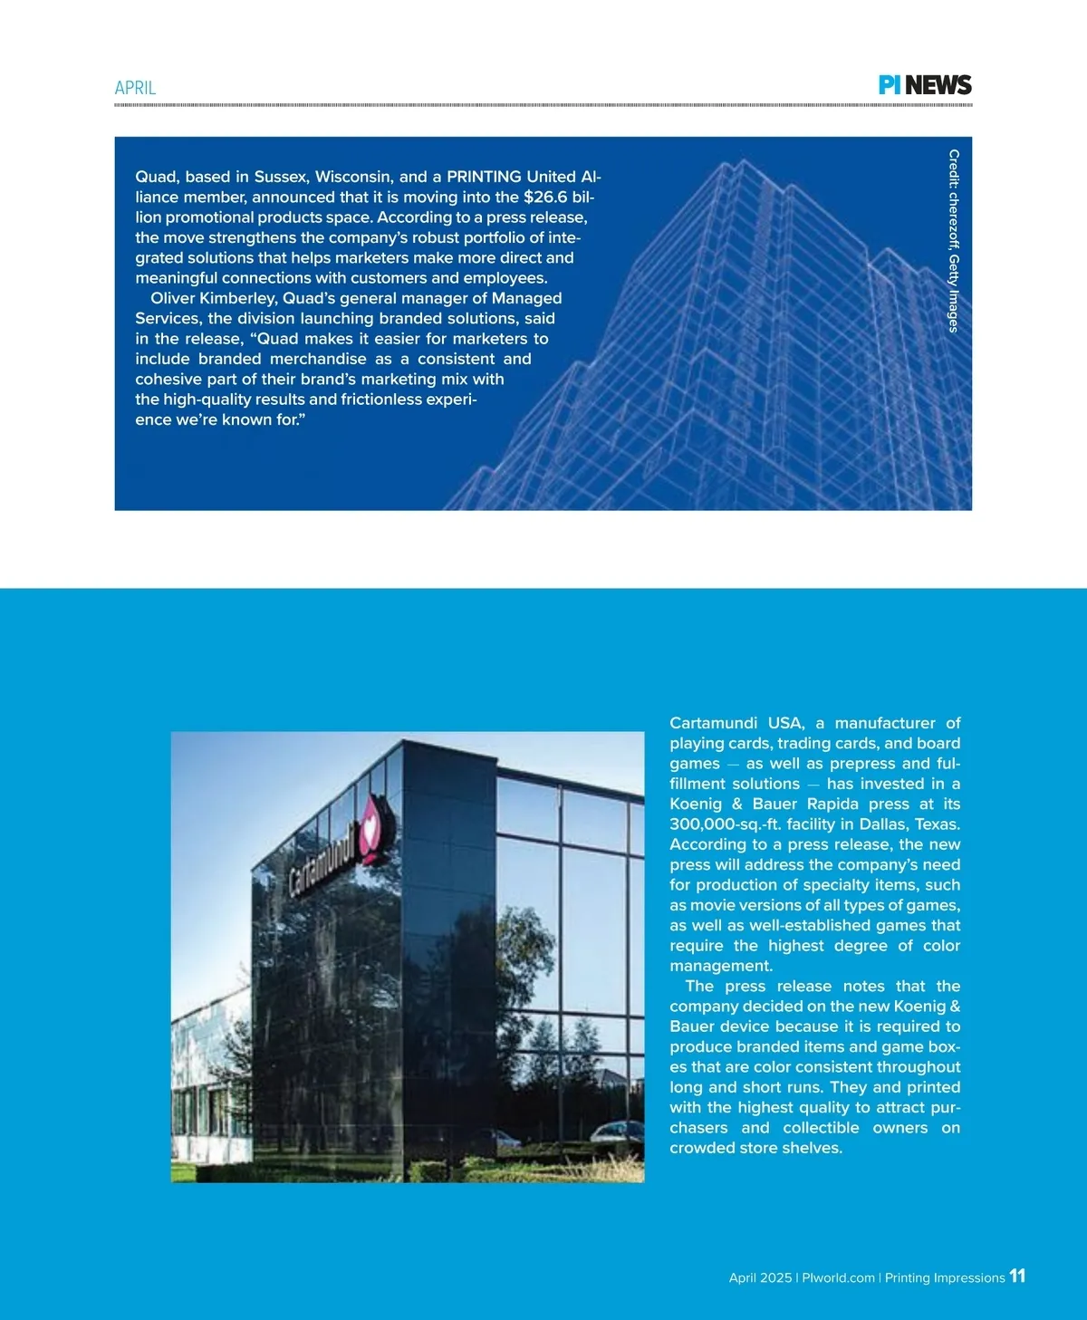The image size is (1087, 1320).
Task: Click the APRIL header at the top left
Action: point(135,88)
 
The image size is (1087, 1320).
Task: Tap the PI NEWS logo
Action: point(925,85)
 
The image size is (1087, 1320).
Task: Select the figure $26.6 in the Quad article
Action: point(545,197)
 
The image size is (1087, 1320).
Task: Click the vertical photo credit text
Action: point(953,241)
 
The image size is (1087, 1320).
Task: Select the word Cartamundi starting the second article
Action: point(713,723)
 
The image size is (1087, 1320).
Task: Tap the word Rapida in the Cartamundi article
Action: point(832,804)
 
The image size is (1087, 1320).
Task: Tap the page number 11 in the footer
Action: point(1017,1276)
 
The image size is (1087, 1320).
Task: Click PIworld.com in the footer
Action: point(838,1278)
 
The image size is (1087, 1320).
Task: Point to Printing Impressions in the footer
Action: point(945,1278)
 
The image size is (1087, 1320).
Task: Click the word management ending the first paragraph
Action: point(720,966)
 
